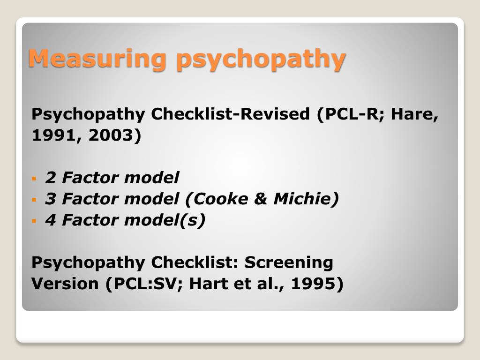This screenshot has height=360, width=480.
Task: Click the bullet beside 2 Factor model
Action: pos(34,179)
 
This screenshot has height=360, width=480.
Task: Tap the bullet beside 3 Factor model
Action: pos(34,200)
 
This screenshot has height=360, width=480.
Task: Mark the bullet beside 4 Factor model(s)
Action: pos(34,220)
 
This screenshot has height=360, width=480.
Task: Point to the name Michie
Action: pos(303,199)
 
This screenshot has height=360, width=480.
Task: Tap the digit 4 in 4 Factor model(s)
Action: pos(50,220)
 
